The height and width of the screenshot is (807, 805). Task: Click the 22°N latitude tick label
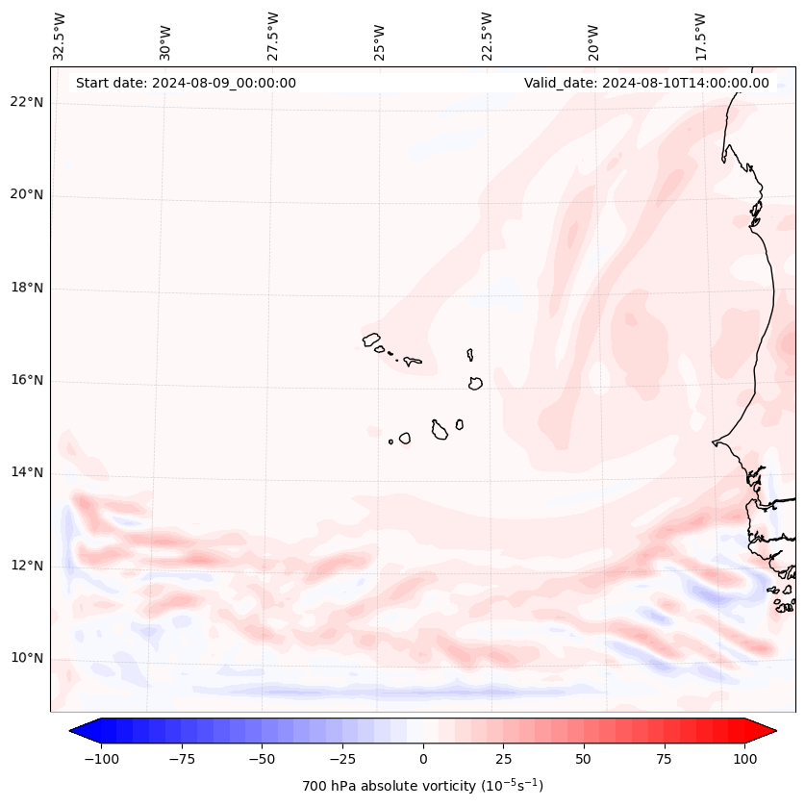(x=25, y=102)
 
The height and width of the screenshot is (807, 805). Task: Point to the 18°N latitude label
(x=25, y=288)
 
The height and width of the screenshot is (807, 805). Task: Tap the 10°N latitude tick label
(x=25, y=658)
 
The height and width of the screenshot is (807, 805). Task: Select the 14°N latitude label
(x=25, y=473)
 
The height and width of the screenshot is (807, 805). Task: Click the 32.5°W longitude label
(x=60, y=36)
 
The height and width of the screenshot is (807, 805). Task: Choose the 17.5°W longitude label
(x=700, y=36)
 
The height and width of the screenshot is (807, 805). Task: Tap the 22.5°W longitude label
(x=487, y=36)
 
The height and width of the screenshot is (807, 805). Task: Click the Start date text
(x=186, y=83)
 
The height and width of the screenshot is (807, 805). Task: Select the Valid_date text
(x=646, y=83)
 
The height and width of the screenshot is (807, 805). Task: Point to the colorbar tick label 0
(x=423, y=759)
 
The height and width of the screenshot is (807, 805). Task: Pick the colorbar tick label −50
(x=261, y=759)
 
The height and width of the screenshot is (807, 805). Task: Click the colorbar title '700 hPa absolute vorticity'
(x=423, y=786)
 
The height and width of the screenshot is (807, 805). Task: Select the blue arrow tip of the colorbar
(x=79, y=732)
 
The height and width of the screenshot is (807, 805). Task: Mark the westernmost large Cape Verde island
(x=371, y=339)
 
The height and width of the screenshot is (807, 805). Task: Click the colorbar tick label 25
(x=502, y=759)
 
